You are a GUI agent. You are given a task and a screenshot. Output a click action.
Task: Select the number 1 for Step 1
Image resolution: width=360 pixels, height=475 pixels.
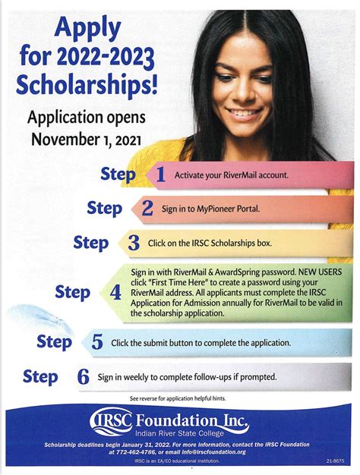tap(159, 175)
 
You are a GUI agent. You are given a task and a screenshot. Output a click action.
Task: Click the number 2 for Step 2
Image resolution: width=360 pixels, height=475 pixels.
tap(147, 208)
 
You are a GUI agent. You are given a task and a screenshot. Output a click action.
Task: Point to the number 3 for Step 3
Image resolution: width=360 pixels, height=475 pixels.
tap(134, 243)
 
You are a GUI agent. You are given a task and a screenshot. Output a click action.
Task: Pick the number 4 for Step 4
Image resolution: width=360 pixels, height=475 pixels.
tap(115, 291)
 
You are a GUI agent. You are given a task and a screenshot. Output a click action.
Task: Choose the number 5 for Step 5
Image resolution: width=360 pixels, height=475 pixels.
tap(96, 341)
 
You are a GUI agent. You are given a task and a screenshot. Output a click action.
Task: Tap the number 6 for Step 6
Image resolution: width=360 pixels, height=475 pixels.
tap(84, 376)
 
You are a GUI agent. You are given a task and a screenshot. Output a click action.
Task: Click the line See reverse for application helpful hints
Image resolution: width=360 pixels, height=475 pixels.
tap(179, 398)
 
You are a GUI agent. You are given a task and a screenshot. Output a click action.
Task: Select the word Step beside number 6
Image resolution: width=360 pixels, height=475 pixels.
tap(41, 376)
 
